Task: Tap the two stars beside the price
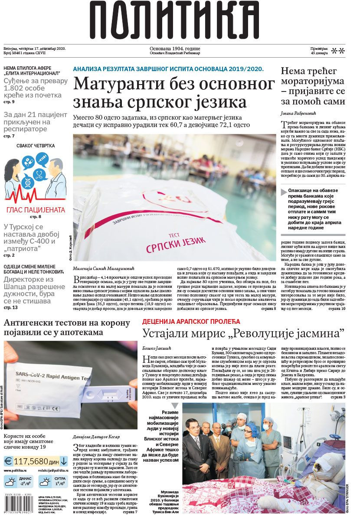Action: click(x=338, y=51)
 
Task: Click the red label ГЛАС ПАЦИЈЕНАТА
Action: click(x=36, y=210)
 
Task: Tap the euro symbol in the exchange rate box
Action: click(x=8, y=460)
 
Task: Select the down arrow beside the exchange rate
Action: click(x=64, y=460)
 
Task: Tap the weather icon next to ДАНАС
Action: click(x=10, y=481)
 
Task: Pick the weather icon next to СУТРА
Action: click(x=45, y=481)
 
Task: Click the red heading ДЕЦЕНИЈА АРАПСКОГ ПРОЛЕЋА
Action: click(x=191, y=322)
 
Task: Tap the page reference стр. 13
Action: click(x=10, y=307)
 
